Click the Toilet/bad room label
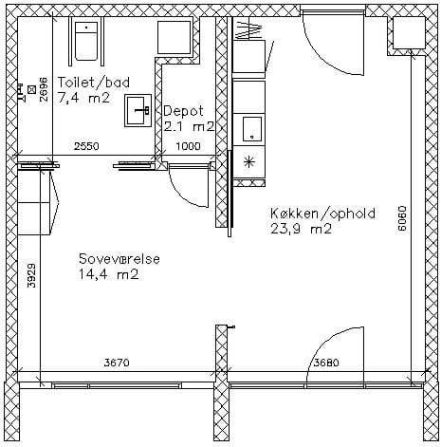(x=94, y=83)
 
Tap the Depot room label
(x=184, y=111)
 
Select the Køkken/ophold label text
(x=322, y=214)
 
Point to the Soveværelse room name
(x=119, y=259)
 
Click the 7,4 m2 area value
(x=83, y=98)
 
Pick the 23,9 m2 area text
(x=301, y=229)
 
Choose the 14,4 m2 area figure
(x=109, y=274)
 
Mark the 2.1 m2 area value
(x=189, y=127)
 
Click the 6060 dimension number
(x=401, y=218)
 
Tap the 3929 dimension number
(x=31, y=275)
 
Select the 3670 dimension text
(x=117, y=363)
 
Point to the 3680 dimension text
(x=326, y=363)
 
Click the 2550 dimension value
(x=86, y=146)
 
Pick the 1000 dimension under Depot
(x=188, y=146)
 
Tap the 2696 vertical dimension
(x=44, y=89)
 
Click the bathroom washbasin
(x=138, y=110)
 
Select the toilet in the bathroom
(x=86, y=41)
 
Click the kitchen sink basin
(x=252, y=129)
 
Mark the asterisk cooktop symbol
(x=249, y=162)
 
